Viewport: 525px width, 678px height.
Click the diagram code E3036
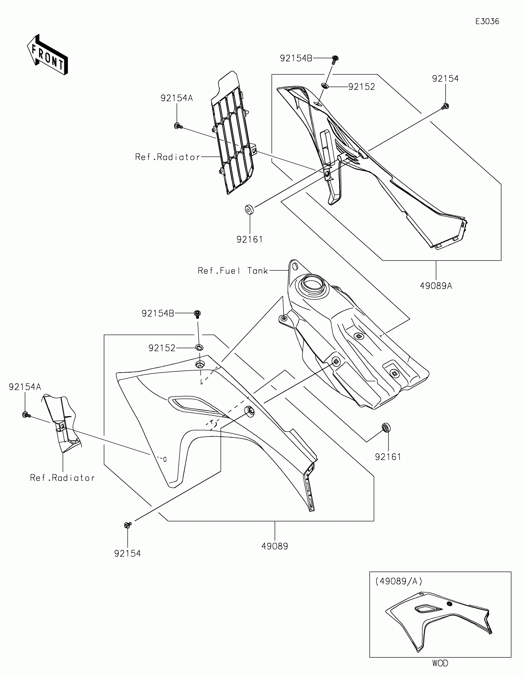(487, 21)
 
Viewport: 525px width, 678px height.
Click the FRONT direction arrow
(48, 55)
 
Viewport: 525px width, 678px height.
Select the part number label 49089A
(436, 286)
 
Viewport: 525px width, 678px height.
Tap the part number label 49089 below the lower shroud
(275, 546)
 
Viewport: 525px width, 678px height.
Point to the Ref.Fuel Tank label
(233, 271)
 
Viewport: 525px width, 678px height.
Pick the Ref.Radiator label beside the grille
(168, 157)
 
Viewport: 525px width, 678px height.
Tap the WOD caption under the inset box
(440, 663)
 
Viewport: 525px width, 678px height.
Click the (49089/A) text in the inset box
(399, 581)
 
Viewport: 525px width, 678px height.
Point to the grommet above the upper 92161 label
(249, 210)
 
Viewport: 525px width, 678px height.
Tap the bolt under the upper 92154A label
(178, 126)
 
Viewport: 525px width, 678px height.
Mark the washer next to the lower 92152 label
(199, 347)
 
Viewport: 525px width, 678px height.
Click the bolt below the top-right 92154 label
(446, 107)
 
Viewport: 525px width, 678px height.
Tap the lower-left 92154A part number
(25, 387)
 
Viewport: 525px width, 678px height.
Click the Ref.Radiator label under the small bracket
(62, 478)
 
